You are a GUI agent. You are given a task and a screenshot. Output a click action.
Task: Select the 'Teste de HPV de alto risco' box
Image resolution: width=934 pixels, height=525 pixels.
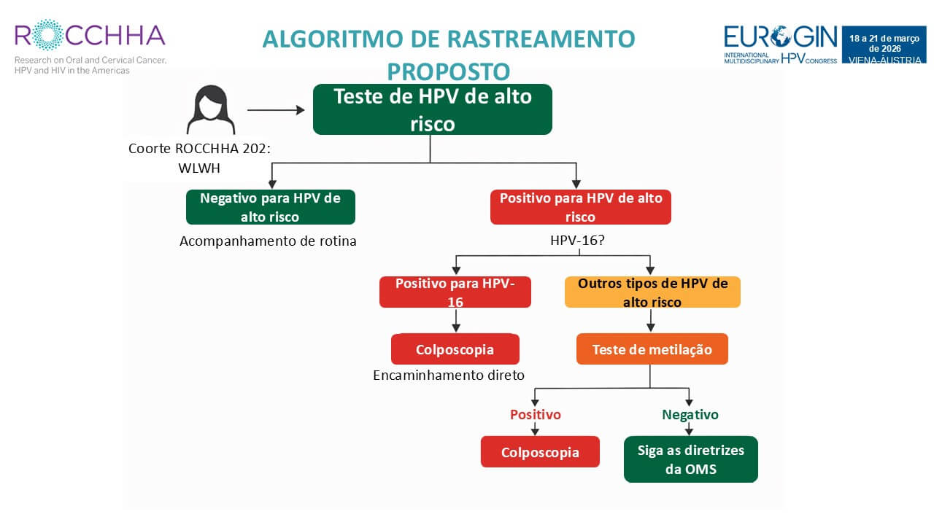coord(432,109)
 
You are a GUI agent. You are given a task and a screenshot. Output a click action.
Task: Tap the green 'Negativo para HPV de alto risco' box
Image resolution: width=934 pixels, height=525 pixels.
coord(271,207)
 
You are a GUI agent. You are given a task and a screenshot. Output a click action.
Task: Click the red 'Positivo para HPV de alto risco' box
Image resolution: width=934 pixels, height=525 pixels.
coord(580,207)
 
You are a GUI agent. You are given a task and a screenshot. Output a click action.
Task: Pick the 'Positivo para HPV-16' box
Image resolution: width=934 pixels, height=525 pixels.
coord(455,292)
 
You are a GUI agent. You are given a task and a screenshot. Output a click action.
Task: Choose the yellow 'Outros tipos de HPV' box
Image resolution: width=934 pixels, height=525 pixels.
coord(652,292)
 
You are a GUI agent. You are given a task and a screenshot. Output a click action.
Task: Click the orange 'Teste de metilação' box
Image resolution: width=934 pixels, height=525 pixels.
coord(652,349)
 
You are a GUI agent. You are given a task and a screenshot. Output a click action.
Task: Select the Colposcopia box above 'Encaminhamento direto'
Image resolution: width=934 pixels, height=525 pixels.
coord(455,349)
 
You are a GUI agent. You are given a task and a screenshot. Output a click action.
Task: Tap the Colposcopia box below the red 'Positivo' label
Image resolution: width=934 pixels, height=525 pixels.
coord(540,452)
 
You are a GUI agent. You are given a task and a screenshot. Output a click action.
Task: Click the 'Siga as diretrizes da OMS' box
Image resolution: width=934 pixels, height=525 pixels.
coord(690,459)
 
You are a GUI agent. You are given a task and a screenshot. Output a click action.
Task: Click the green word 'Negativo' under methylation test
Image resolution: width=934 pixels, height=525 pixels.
coord(690,414)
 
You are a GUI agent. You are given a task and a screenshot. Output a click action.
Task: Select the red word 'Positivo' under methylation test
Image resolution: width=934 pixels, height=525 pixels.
coord(536,414)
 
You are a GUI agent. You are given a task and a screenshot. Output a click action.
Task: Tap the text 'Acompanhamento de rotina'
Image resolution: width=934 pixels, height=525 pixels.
coord(268,241)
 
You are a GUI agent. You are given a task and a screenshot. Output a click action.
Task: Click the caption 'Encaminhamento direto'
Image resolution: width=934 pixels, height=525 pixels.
coord(449,376)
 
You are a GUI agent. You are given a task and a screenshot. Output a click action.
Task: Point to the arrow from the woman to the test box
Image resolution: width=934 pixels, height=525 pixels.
coord(276,110)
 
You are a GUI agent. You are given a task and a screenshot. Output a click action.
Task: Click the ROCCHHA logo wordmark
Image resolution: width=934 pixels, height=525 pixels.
coord(90,35)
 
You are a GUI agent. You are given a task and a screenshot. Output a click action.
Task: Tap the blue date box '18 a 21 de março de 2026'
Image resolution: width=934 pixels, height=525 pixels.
coord(884,44)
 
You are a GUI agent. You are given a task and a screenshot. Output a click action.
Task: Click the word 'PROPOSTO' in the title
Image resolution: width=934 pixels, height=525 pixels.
coord(448,71)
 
